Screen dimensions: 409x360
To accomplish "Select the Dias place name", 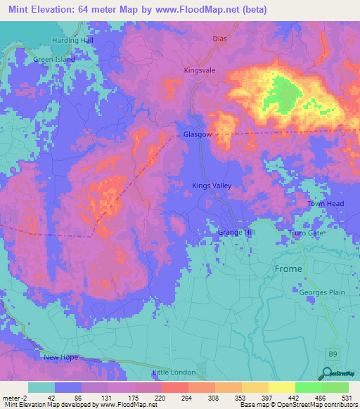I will point(219,41).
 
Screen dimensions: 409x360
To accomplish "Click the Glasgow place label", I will point(197,134).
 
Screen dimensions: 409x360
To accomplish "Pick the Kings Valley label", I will point(212,186).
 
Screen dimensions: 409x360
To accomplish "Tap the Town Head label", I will point(325,204).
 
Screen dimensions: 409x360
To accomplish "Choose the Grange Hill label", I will point(235,232).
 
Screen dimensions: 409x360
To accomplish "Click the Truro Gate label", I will point(307,233).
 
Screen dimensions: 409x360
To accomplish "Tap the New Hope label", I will point(60,358).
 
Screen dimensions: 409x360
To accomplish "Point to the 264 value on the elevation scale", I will point(188,397).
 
